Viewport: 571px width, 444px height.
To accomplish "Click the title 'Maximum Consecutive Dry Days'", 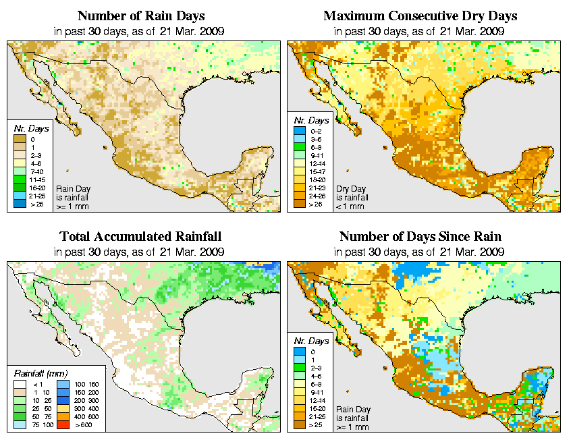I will click(420, 16).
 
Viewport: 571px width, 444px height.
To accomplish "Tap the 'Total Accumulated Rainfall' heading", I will click(140, 237).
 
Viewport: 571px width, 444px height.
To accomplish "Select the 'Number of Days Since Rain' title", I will click(420, 237).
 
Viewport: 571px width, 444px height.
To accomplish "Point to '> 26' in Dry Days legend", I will click(305, 203).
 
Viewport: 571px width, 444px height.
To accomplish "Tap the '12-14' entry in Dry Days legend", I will click(305, 163).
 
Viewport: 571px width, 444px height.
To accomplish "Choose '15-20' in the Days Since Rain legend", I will click(305, 408).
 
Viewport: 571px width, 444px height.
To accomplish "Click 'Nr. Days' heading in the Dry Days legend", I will click(313, 120).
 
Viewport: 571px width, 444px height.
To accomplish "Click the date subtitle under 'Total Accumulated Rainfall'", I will click(140, 252).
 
